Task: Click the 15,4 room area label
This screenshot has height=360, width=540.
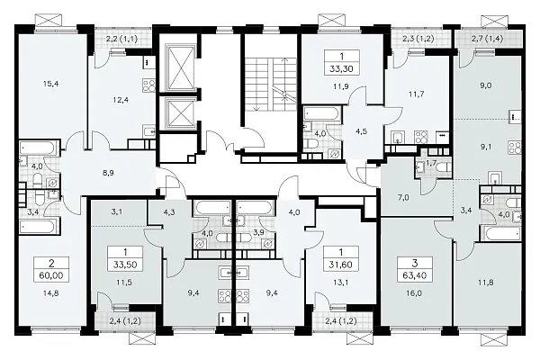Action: pos(51,84)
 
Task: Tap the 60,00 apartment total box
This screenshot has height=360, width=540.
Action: pos(51,269)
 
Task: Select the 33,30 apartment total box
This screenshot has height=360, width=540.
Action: pos(342,62)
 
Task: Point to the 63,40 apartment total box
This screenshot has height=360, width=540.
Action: pos(415,269)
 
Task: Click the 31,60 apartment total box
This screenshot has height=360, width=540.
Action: pos(340,258)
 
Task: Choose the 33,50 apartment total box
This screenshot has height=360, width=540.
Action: pos(125,258)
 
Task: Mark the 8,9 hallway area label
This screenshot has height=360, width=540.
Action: pos(108,174)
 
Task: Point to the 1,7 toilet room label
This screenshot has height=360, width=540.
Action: pos(431,163)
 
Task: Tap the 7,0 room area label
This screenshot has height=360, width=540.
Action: pos(403,198)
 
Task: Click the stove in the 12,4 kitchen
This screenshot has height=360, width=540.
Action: pos(148,85)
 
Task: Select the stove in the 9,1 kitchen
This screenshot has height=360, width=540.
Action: pos(515,148)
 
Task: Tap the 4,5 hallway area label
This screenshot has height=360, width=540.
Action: pos(360,131)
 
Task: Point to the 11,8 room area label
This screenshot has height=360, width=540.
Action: pos(486,283)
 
